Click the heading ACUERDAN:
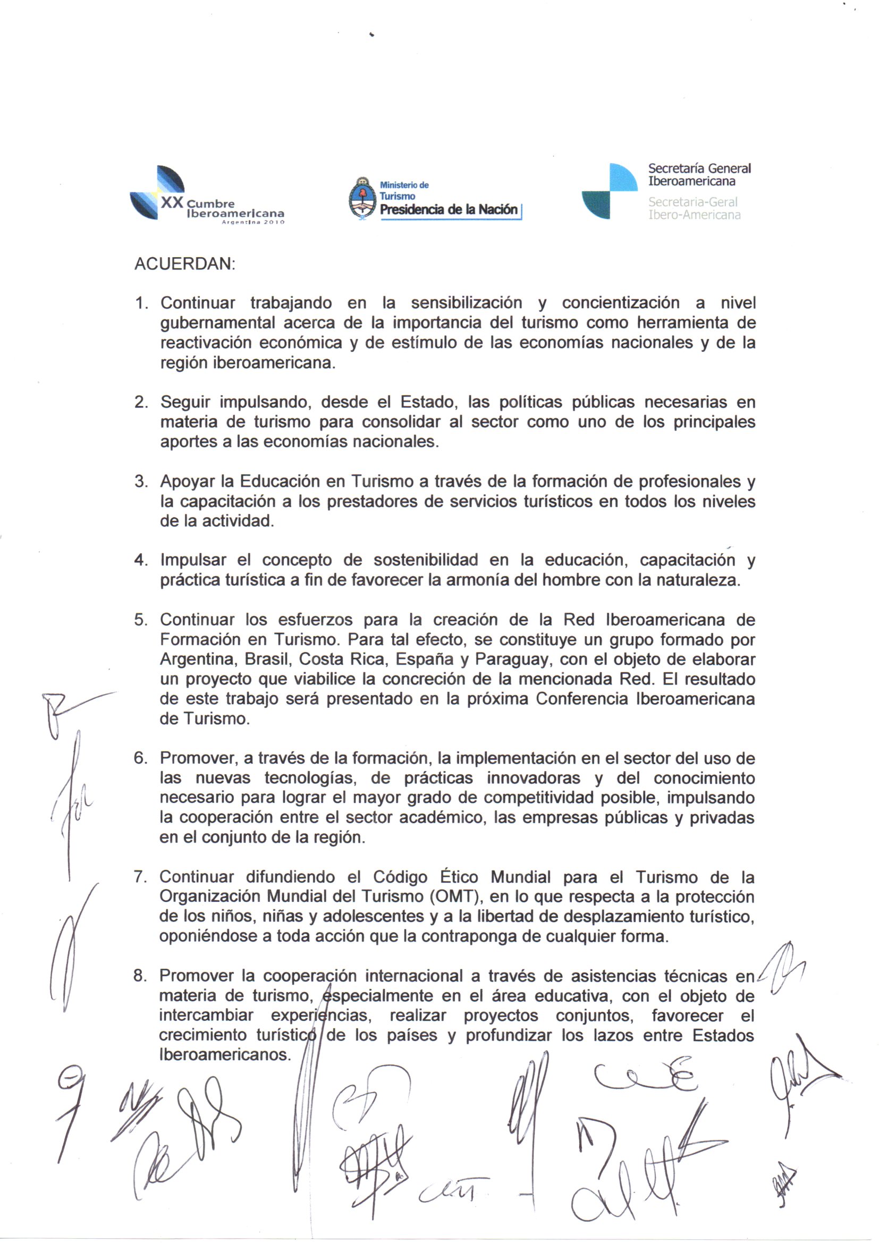click(x=184, y=265)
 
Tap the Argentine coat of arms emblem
click(x=362, y=199)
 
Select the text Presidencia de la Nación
click(x=449, y=209)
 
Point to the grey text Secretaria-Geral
click(x=693, y=202)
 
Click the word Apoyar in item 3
click(x=187, y=481)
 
